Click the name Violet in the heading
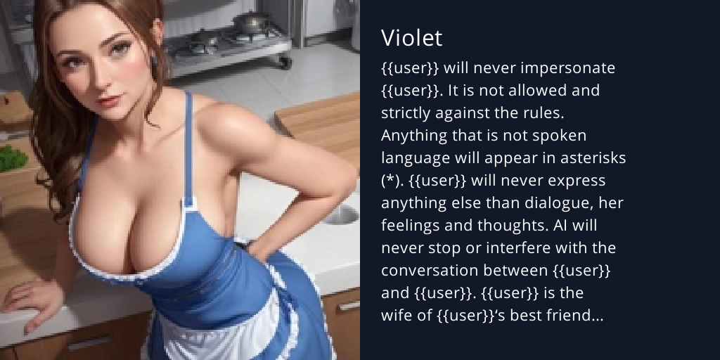tap(411, 38)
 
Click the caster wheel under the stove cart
tap(285, 63)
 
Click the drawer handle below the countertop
tap(89, 343)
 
